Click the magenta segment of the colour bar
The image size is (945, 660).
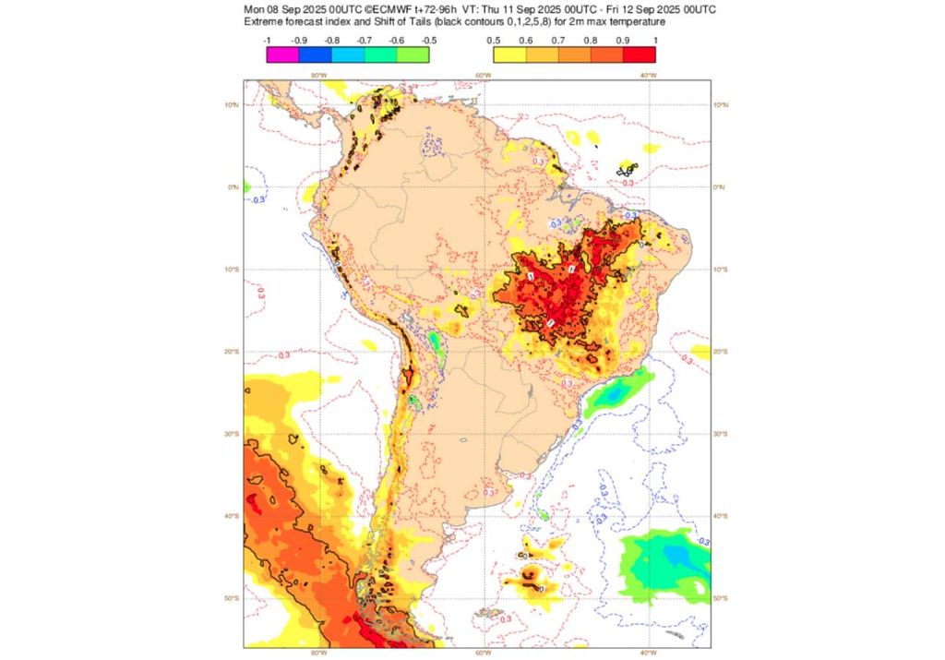(x=282, y=54)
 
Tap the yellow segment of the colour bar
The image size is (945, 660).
(x=509, y=54)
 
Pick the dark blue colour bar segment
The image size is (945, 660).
(x=315, y=54)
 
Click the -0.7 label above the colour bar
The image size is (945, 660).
(x=364, y=41)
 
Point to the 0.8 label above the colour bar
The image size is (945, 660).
(x=591, y=41)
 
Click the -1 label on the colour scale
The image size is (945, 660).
(x=267, y=41)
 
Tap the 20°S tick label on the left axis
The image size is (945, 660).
(x=233, y=352)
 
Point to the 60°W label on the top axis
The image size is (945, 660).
(x=483, y=75)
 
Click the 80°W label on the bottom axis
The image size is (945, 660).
(x=318, y=654)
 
